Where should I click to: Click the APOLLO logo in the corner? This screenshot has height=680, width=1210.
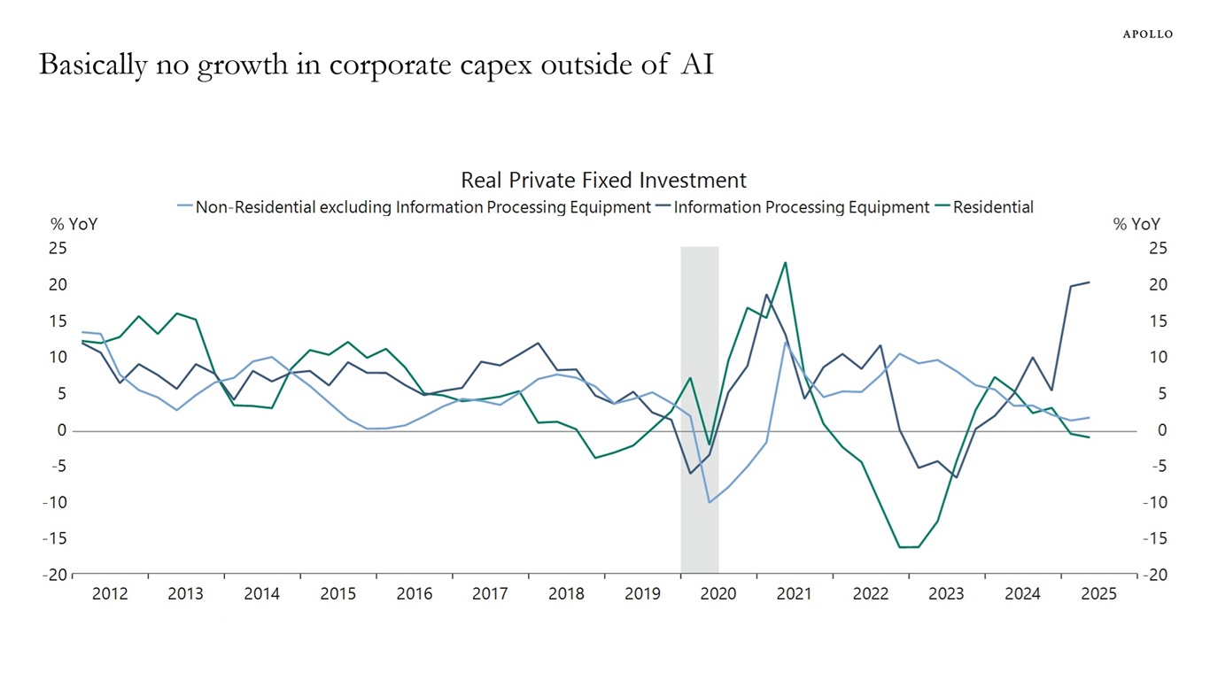click(x=1147, y=34)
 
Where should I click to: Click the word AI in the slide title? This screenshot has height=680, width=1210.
click(x=696, y=65)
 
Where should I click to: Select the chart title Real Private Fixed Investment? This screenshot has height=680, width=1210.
click(x=603, y=181)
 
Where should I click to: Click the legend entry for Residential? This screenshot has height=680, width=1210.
click(x=993, y=207)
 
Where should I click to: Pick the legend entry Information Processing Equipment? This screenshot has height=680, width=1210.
click(x=802, y=207)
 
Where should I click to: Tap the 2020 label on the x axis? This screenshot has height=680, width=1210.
click(x=718, y=594)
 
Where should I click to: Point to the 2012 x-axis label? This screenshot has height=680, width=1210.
click(x=110, y=594)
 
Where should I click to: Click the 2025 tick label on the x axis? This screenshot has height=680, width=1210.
click(x=1098, y=594)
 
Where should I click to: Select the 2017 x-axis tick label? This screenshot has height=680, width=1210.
click(x=490, y=594)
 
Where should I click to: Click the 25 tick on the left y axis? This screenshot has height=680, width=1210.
click(x=58, y=248)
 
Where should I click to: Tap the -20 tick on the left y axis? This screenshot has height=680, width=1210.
click(x=54, y=575)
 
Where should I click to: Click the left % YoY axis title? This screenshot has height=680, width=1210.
click(x=74, y=225)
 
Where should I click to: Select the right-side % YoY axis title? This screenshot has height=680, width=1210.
click(x=1136, y=225)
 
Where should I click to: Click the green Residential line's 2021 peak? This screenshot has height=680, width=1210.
click(x=785, y=262)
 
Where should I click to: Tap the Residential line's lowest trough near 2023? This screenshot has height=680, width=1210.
click(x=909, y=547)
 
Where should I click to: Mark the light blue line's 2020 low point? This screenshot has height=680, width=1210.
click(x=709, y=502)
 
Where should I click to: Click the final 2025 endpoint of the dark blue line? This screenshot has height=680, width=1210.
click(x=1089, y=282)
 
